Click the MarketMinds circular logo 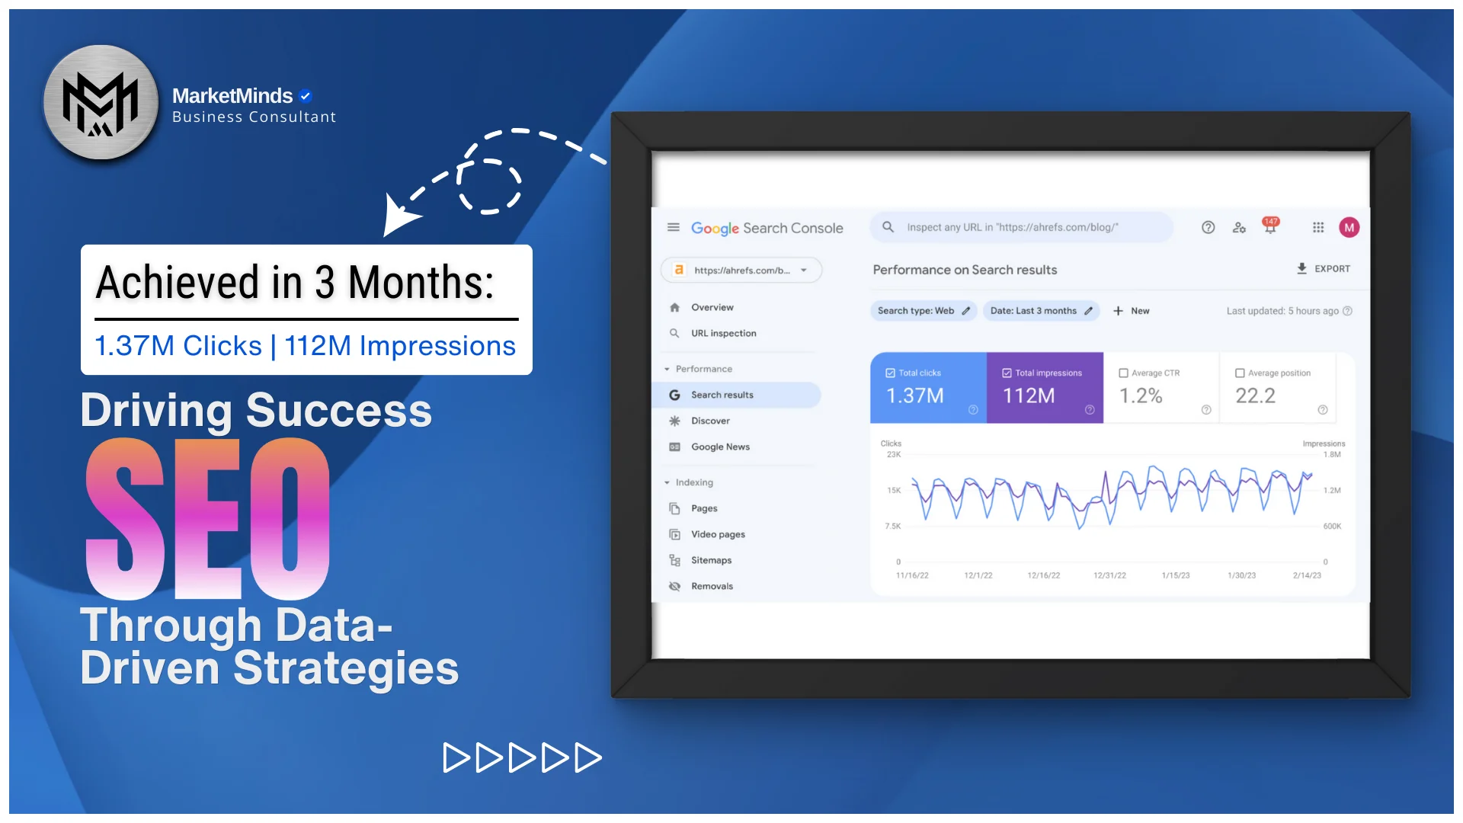(101, 102)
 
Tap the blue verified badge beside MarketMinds (306, 96)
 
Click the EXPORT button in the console (1324, 269)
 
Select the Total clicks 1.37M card (929, 388)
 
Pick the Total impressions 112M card (1045, 388)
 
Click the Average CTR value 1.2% (1141, 395)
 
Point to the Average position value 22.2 (1255, 395)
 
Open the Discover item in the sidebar (710, 421)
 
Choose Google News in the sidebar (720, 447)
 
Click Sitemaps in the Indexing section (711, 560)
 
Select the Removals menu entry (712, 586)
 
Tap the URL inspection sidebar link (723, 333)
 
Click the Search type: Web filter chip (924, 311)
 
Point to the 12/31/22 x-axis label (1109, 575)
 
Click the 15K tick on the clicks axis (894, 490)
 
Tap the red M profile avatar (1349, 227)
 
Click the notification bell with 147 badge (1270, 226)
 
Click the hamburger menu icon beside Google (674, 227)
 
